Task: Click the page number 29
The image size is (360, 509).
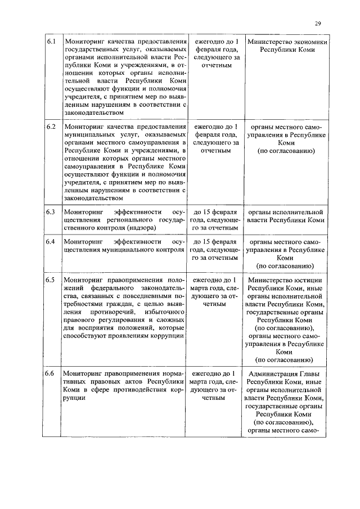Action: [x=318, y=23]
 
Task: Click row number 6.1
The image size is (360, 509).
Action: [x=51, y=42]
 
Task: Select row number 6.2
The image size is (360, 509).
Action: [x=51, y=127]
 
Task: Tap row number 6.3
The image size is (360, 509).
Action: [x=51, y=212]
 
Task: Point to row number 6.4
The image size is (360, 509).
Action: [x=51, y=242]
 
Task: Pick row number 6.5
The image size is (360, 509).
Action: [x=51, y=280]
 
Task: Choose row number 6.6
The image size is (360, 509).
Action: [x=51, y=373]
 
